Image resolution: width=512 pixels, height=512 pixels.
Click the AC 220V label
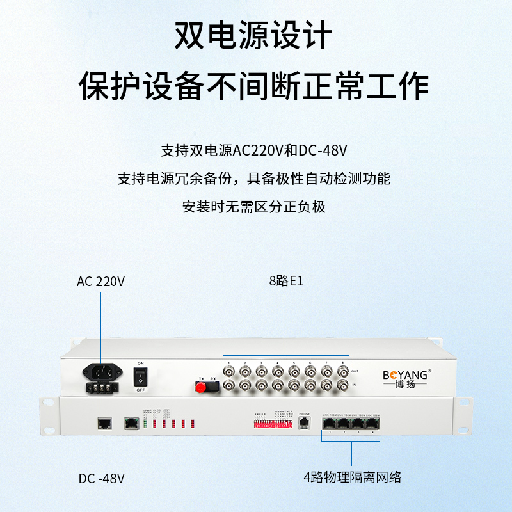coord(100,281)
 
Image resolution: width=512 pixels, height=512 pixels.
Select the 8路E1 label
coord(285,281)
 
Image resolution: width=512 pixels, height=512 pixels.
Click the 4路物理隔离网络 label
coord(352,477)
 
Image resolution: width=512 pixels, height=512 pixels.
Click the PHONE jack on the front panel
coord(304,422)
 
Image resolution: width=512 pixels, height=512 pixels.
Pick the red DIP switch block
coord(264,424)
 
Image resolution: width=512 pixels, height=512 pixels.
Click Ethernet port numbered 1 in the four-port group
coord(328,424)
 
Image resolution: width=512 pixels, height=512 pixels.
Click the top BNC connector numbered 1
coord(228,372)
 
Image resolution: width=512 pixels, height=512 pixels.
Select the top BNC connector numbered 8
coord(342,372)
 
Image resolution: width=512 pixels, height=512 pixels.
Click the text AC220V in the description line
coord(258,151)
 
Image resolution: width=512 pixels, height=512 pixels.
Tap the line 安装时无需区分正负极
coord(254,207)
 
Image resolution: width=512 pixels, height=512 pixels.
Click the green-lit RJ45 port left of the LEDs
coord(131,422)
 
